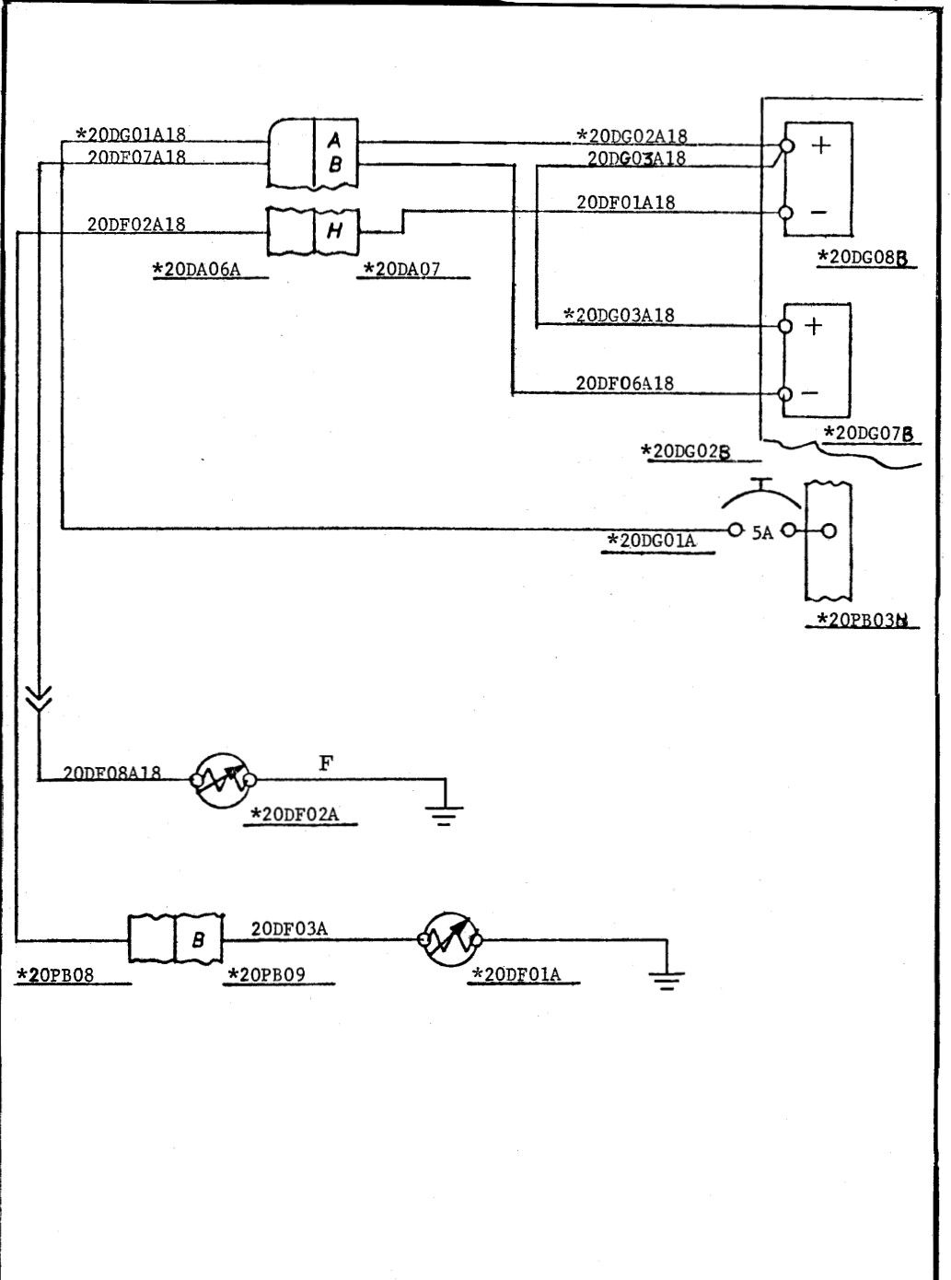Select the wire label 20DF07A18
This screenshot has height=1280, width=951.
tap(136, 157)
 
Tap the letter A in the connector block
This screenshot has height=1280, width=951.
tap(335, 140)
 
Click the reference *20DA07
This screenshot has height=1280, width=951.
tap(402, 269)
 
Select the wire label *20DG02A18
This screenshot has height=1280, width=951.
tap(632, 137)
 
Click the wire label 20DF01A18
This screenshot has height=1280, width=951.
tap(626, 203)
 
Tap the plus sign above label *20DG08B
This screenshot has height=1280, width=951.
tap(819, 145)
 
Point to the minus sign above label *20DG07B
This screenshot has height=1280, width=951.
tap(810, 393)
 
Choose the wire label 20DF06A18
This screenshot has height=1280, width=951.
tap(625, 383)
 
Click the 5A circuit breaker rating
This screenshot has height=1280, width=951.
tap(762, 532)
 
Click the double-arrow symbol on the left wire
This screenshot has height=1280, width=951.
tap(41, 700)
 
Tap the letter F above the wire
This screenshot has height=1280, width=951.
tap(326, 762)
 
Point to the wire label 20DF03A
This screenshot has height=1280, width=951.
tap(289, 928)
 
